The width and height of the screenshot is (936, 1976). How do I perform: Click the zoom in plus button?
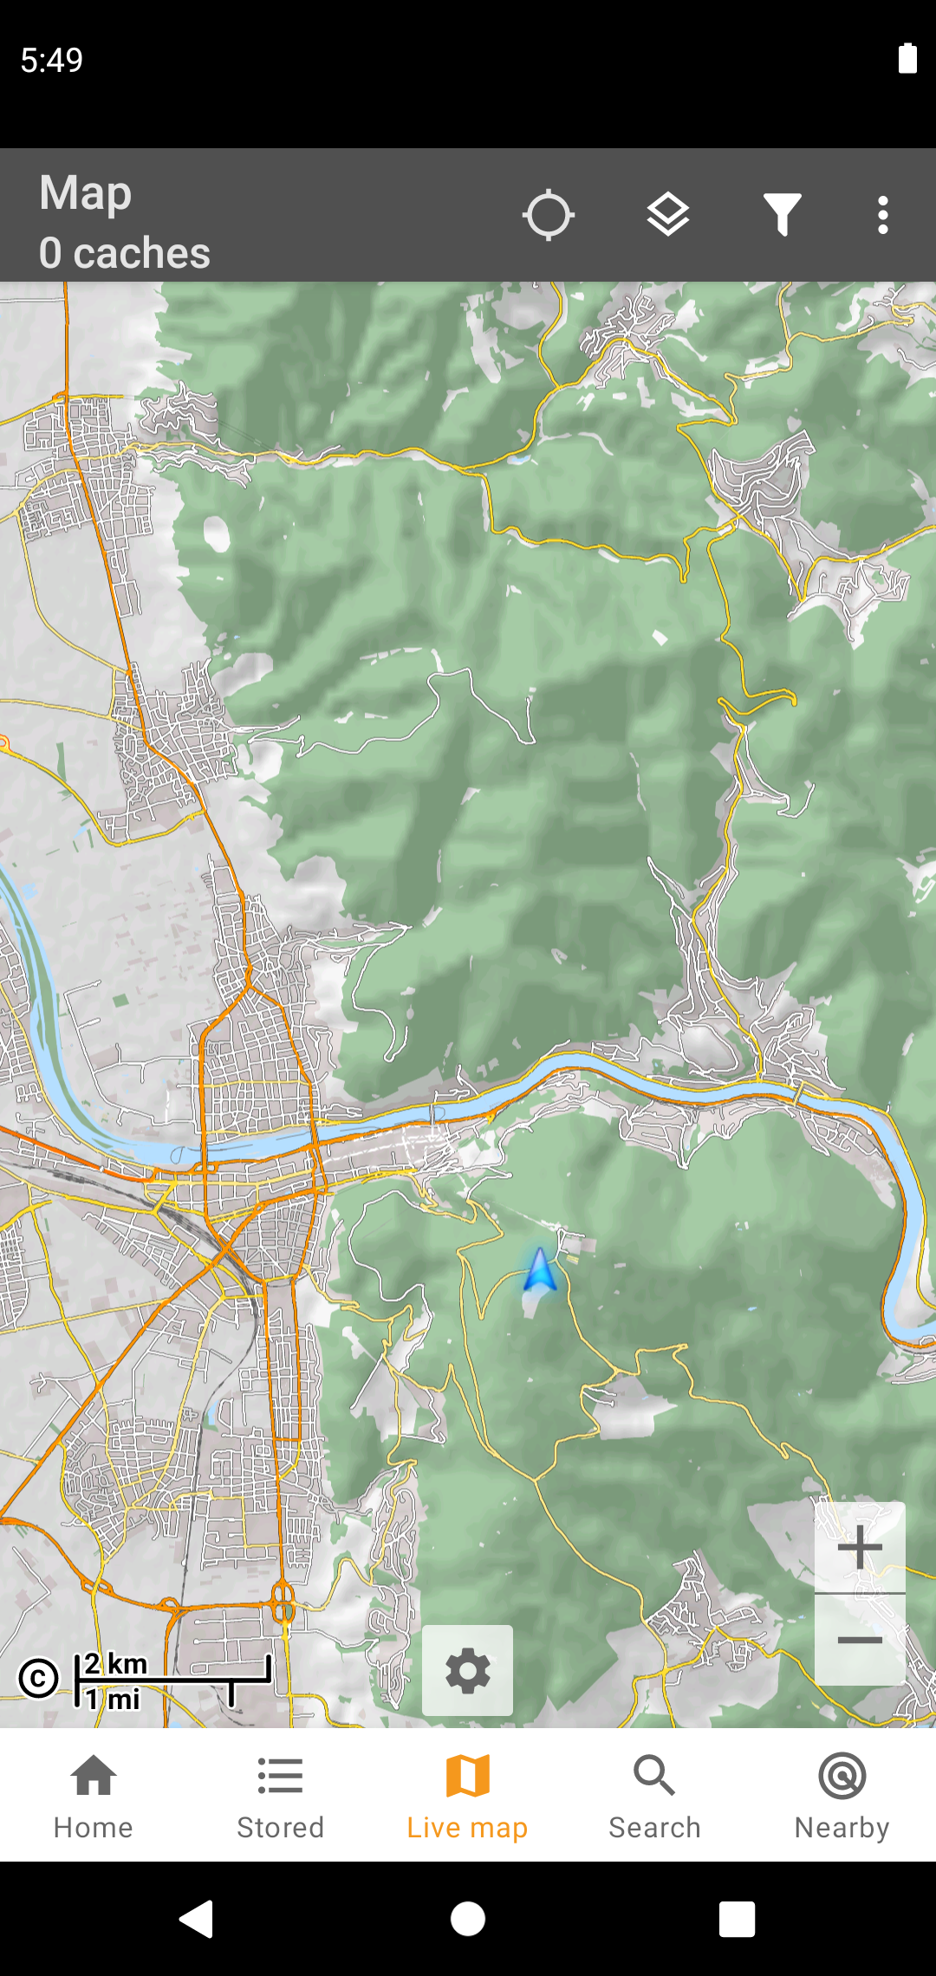(x=860, y=1548)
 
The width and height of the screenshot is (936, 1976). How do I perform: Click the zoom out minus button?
(x=860, y=1640)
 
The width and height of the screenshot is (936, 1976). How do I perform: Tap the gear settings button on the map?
(x=467, y=1670)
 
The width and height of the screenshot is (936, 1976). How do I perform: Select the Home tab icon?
(x=94, y=1777)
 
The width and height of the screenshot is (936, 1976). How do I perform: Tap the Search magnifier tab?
(x=654, y=1777)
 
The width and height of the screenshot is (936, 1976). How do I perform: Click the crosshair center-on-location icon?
(x=549, y=215)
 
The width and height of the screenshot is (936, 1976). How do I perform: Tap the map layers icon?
(x=668, y=215)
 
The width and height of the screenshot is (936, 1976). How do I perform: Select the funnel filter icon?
(x=782, y=215)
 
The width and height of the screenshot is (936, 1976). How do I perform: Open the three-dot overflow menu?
(x=882, y=215)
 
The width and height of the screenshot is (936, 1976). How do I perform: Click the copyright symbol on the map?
(x=39, y=1678)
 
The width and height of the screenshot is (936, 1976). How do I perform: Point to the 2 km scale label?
(x=116, y=1663)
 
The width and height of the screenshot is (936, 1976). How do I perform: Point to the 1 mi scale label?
(x=113, y=1699)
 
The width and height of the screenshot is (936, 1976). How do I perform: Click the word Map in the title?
(x=85, y=192)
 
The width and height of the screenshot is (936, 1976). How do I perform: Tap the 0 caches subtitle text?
(x=124, y=253)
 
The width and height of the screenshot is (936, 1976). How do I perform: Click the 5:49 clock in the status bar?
(x=52, y=60)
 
